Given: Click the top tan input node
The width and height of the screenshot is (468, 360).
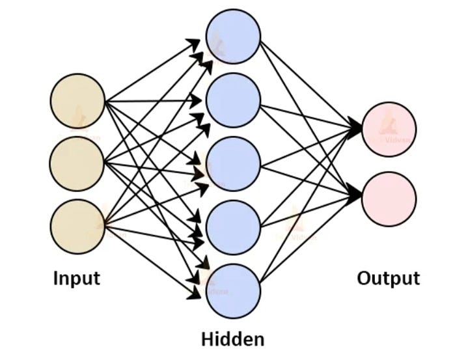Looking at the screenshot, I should [x=77, y=101].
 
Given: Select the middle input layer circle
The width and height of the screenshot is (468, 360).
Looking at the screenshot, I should [x=77, y=163].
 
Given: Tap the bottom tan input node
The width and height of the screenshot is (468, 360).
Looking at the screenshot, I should [x=77, y=226].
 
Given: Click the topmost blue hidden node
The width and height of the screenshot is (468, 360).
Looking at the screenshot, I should [x=233, y=37].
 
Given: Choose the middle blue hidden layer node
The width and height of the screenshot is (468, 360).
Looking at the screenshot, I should [x=233, y=163].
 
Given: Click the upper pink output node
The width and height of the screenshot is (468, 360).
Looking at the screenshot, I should [x=389, y=130].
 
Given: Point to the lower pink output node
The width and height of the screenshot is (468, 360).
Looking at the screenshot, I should [x=389, y=199].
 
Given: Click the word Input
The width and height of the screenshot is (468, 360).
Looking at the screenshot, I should [x=77, y=279].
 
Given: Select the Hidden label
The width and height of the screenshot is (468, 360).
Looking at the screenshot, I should [x=233, y=339].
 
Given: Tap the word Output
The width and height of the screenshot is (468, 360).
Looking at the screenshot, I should [x=389, y=279].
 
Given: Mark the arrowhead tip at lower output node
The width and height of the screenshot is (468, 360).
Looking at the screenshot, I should [x=361, y=195].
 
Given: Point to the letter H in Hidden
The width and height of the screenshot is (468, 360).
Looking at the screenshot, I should [x=208, y=339].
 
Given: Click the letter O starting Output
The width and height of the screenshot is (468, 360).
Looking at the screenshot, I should [x=364, y=279].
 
